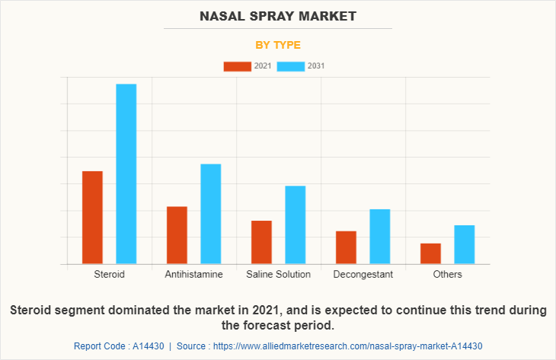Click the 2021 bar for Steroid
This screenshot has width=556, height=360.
(92, 218)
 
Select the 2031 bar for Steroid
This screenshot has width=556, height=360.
(126, 174)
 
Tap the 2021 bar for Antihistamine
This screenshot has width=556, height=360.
(177, 235)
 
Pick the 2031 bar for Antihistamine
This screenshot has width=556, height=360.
(211, 214)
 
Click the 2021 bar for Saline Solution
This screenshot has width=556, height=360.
(261, 242)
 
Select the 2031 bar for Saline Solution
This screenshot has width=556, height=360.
(296, 225)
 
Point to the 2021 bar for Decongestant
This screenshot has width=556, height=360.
(346, 247)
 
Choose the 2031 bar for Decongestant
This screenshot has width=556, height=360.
(380, 237)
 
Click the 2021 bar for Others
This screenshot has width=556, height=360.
(430, 253)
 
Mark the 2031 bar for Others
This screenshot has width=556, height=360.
(465, 244)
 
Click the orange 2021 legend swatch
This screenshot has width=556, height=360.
(237, 66)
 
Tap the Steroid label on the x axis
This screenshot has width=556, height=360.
(109, 274)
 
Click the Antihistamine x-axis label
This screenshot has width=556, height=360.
(193, 274)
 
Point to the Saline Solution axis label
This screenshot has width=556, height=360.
(278, 274)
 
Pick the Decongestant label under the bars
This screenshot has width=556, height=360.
(363, 274)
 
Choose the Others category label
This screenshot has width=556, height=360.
(447, 274)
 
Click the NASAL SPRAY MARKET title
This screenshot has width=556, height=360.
(278, 15)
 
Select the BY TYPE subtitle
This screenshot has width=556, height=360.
(278, 45)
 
